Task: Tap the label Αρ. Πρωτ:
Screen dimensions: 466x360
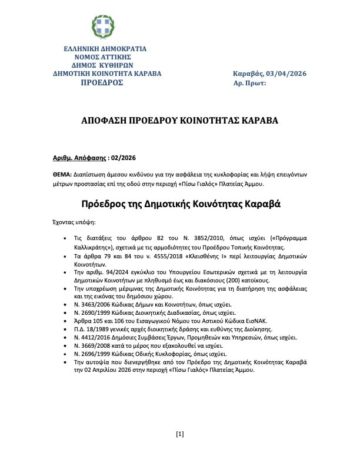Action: (250, 83)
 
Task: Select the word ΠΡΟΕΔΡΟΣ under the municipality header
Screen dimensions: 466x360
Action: (102, 83)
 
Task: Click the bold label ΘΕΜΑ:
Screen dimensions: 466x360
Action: (62, 175)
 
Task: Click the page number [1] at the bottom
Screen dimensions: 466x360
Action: (180, 451)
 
